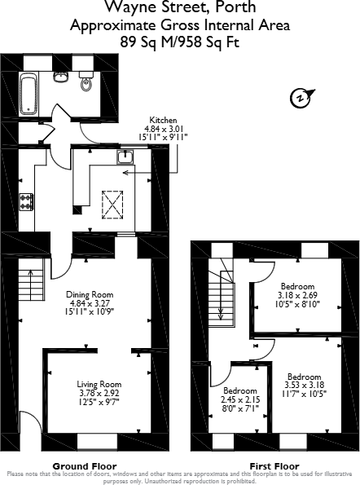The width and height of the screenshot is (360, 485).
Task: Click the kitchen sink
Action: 125,157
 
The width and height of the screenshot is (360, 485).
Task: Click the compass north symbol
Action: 299,99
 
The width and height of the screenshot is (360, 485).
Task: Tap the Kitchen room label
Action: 158,120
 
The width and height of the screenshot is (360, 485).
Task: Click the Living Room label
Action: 99,384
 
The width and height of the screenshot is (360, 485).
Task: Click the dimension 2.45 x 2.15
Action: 240,400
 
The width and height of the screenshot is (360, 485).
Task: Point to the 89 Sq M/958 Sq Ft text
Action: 180,40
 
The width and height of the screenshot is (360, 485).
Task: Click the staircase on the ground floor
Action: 29,285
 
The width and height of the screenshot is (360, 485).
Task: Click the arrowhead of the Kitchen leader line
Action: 124,173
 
